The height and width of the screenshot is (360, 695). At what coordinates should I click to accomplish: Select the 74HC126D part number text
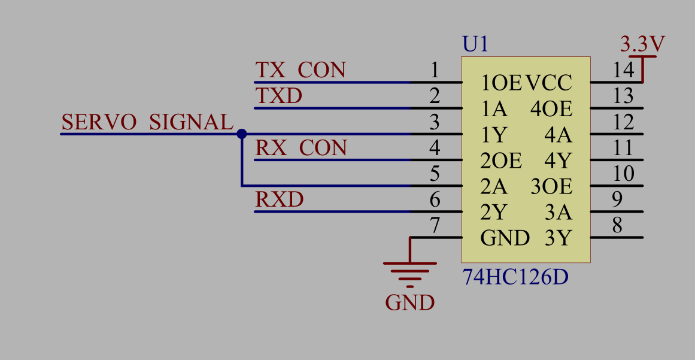pos(515,278)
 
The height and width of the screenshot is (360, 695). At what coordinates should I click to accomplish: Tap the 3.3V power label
pos(643,44)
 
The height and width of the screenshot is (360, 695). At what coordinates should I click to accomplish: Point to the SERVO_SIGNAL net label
pos(147,122)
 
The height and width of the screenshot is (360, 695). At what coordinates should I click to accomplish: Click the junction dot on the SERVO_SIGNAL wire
pos(241,134)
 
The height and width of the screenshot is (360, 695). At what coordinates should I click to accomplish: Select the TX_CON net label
pos(301,70)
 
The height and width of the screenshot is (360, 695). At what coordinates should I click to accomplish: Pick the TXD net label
pos(279,96)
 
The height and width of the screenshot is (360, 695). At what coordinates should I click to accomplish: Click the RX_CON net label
pos(301,148)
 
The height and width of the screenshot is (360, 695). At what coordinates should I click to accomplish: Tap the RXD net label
pos(280,199)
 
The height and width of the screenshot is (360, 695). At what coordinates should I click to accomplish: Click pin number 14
pos(623,70)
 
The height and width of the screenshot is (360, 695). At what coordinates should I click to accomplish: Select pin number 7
pos(435,226)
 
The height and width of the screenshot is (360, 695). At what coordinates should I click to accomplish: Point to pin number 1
pos(435,70)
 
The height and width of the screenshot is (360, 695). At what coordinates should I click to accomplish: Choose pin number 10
pos(623,174)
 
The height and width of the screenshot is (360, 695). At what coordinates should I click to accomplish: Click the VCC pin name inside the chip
pos(549,83)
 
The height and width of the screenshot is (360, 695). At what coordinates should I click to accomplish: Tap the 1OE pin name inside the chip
pos(502,83)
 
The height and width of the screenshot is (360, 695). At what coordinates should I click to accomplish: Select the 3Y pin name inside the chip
pos(558,238)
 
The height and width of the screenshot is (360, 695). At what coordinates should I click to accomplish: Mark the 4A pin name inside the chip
pos(558,135)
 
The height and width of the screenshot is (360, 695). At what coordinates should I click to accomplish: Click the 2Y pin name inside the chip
pos(494,213)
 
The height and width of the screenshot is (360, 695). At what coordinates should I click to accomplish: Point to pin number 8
pos(617,226)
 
